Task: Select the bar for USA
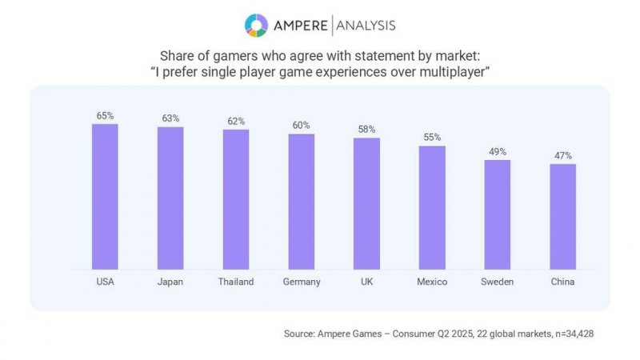click(105, 197)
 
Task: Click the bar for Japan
click(170, 198)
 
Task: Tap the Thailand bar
click(236, 200)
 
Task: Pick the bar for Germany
click(302, 202)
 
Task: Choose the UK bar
click(366, 204)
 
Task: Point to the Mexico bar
click(432, 208)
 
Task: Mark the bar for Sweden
click(498, 214)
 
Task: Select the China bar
click(563, 217)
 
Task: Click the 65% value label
click(105, 116)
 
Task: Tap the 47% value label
click(563, 156)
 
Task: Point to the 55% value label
click(432, 138)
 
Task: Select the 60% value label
click(302, 126)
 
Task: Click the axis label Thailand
click(236, 282)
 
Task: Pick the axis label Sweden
click(498, 282)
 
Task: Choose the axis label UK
click(366, 282)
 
